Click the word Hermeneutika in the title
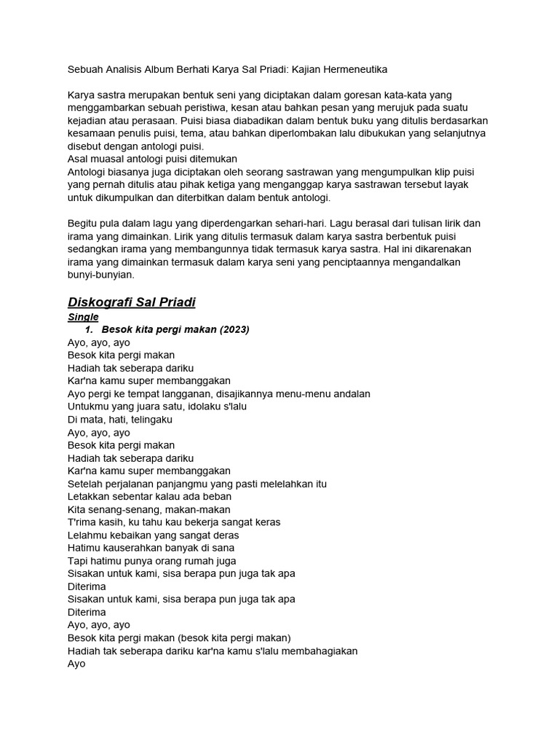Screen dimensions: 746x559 click(x=354, y=69)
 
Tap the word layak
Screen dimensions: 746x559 click(x=453, y=184)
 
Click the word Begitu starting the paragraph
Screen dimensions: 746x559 click(x=83, y=223)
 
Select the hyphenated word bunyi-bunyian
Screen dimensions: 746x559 click(x=101, y=275)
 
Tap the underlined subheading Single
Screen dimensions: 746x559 click(x=83, y=317)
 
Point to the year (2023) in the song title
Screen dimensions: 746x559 click(x=234, y=329)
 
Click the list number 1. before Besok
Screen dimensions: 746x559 click(x=90, y=329)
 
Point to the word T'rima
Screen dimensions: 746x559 click(x=82, y=522)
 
